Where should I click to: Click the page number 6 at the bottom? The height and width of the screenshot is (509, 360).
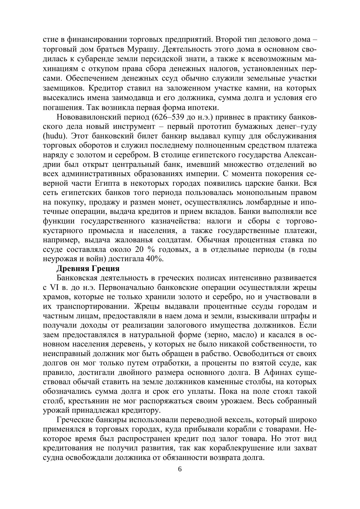tap(180, 469)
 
